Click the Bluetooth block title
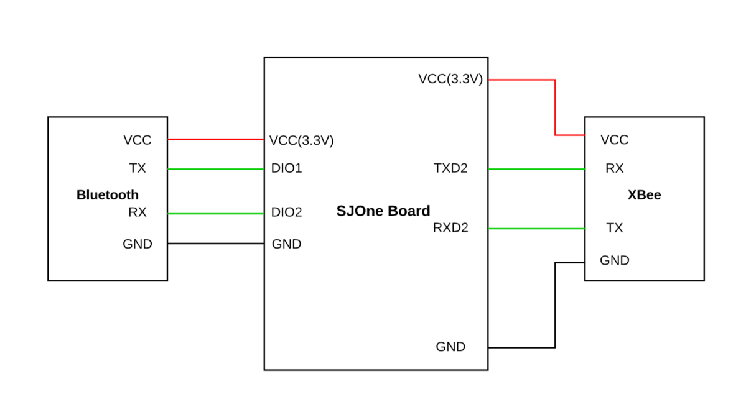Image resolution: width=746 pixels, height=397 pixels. [x=108, y=194]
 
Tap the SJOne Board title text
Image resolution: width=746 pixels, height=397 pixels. [x=383, y=211]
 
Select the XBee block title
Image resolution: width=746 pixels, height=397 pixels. [x=644, y=194]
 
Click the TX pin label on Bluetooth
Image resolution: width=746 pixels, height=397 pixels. [x=138, y=168]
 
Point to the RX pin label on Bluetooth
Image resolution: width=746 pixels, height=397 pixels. [x=138, y=212]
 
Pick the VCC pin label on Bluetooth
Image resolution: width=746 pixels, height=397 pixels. [x=138, y=140]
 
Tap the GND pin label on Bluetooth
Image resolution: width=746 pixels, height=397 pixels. [x=138, y=244]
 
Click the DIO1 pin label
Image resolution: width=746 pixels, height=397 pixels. [x=286, y=168]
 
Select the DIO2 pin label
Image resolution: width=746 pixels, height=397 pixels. [x=286, y=212]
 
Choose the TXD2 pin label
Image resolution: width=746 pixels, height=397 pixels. [x=450, y=168]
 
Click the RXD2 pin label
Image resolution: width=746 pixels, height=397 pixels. [x=450, y=228]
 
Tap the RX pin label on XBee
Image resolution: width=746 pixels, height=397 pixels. [x=614, y=168]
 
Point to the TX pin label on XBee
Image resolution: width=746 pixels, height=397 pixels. [x=614, y=228]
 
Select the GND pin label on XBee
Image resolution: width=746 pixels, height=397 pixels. [x=614, y=260]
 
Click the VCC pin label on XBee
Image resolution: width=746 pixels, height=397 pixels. [x=614, y=140]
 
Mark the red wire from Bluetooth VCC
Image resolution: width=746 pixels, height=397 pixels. [x=215, y=139]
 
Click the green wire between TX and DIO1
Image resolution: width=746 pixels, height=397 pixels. [x=215, y=169]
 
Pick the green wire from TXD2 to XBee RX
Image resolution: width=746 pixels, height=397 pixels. [x=536, y=169]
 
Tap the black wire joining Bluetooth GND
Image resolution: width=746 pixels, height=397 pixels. [x=215, y=244]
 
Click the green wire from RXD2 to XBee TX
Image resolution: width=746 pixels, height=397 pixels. [x=536, y=229]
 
